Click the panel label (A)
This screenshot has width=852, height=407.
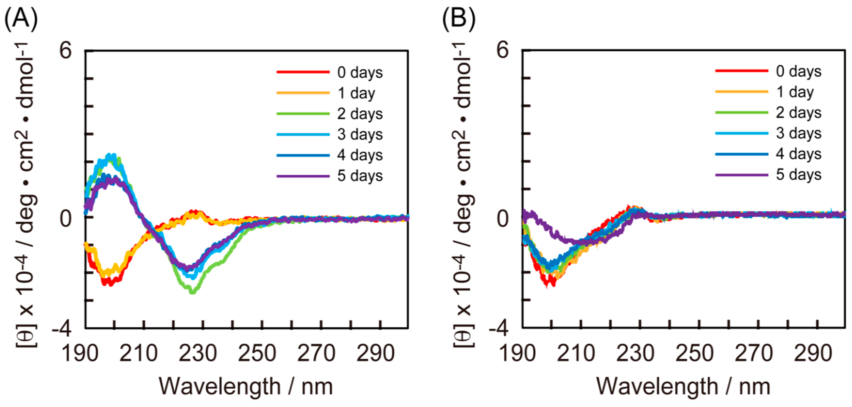tap(20, 19)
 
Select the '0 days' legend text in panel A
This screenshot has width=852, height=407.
tap(360, 72)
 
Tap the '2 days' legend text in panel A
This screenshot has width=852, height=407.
tap(360, 114)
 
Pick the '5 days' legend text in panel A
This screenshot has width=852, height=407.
tap(360, 176)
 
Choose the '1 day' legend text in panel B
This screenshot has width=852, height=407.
tap(795, 92)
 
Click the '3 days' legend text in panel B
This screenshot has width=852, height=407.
tap(798, 133)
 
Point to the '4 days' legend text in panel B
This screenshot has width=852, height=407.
tap(798, 154)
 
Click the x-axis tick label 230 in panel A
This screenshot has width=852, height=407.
tap(198, 353)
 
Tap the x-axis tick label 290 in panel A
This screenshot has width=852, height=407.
tap(375, 353)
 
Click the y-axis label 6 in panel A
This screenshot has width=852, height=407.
tap(66, 51)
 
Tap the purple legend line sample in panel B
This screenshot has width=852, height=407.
tap(742, 174)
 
